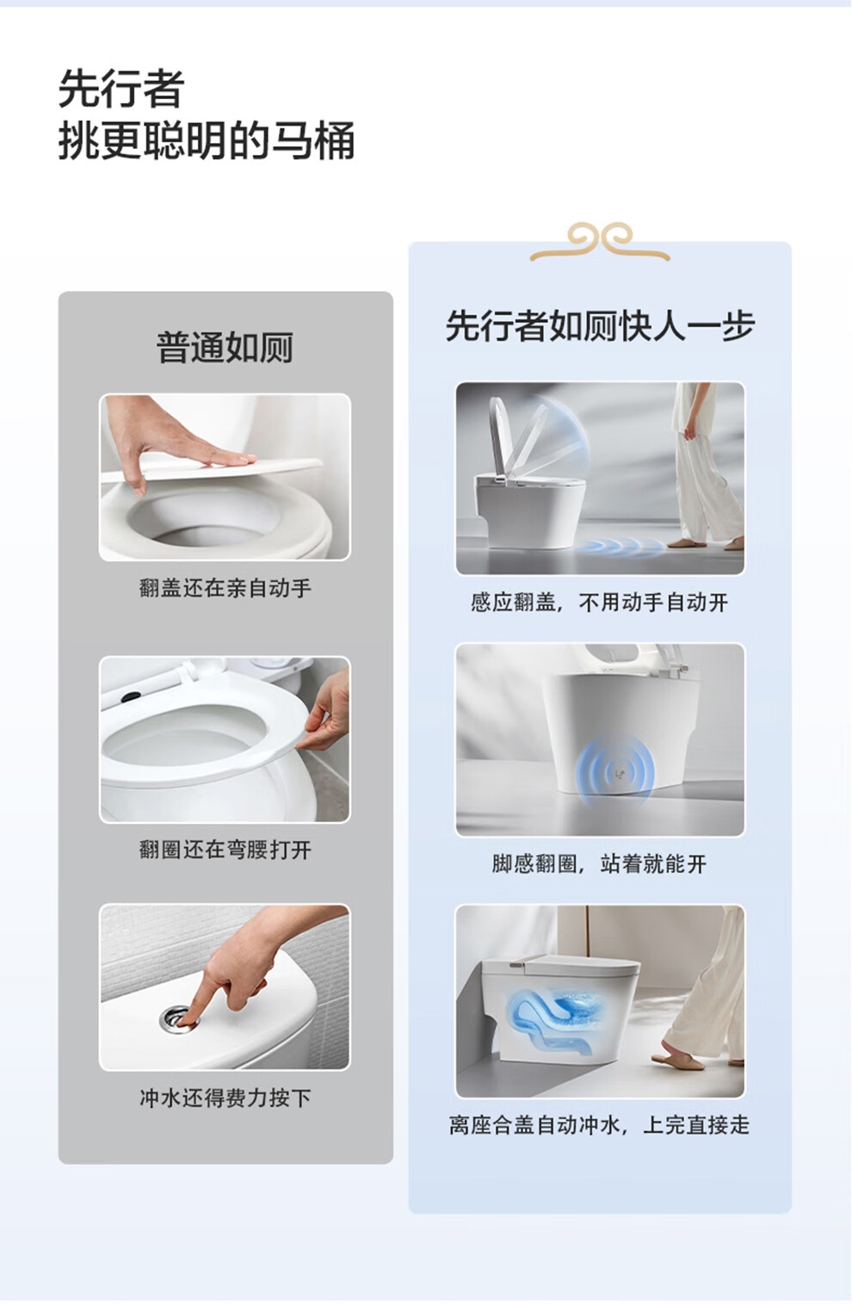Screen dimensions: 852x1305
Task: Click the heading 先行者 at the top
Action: click(121, 89)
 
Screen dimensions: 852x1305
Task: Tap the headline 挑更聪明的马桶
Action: click(207, 140)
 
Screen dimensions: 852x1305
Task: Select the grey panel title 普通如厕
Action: click(225, 347)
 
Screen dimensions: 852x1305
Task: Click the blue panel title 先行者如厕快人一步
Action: click(600, 325)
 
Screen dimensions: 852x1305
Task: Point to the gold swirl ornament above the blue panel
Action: click(600, 241)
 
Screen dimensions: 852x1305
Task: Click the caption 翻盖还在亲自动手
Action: click(225, 588)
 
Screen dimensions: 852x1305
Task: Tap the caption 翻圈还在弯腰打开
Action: click(225, 850)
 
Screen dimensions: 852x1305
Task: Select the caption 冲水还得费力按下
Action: click(225, 1098)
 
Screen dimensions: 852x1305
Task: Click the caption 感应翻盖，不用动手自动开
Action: click(600, 603)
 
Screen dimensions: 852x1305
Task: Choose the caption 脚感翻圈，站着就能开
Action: click(600, 863)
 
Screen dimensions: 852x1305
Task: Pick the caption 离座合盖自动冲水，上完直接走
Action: click(600, 1125)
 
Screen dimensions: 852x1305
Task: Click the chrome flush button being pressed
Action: click(177, 1017)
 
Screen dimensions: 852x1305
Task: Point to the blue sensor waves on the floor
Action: click(620, 547)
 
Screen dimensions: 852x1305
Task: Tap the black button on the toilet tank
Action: click(131, 696)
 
